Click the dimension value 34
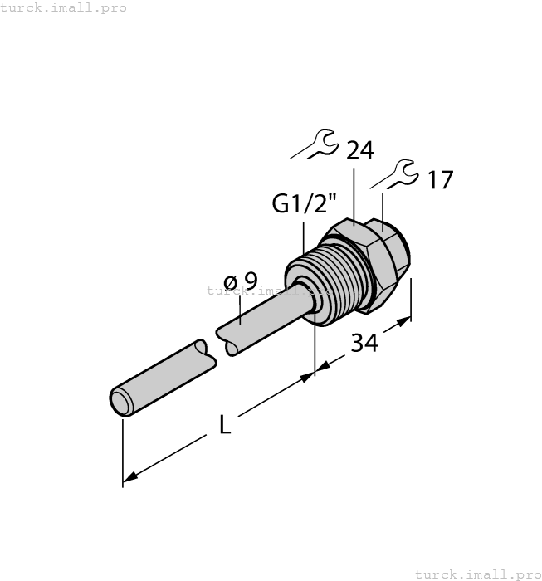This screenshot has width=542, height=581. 364,341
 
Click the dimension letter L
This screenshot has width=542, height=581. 224,425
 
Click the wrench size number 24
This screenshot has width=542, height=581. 359,150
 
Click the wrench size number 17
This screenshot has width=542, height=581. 439,180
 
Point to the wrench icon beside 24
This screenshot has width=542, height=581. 315,144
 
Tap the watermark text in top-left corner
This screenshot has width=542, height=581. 64,7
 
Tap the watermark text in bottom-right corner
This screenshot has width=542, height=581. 476,574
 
